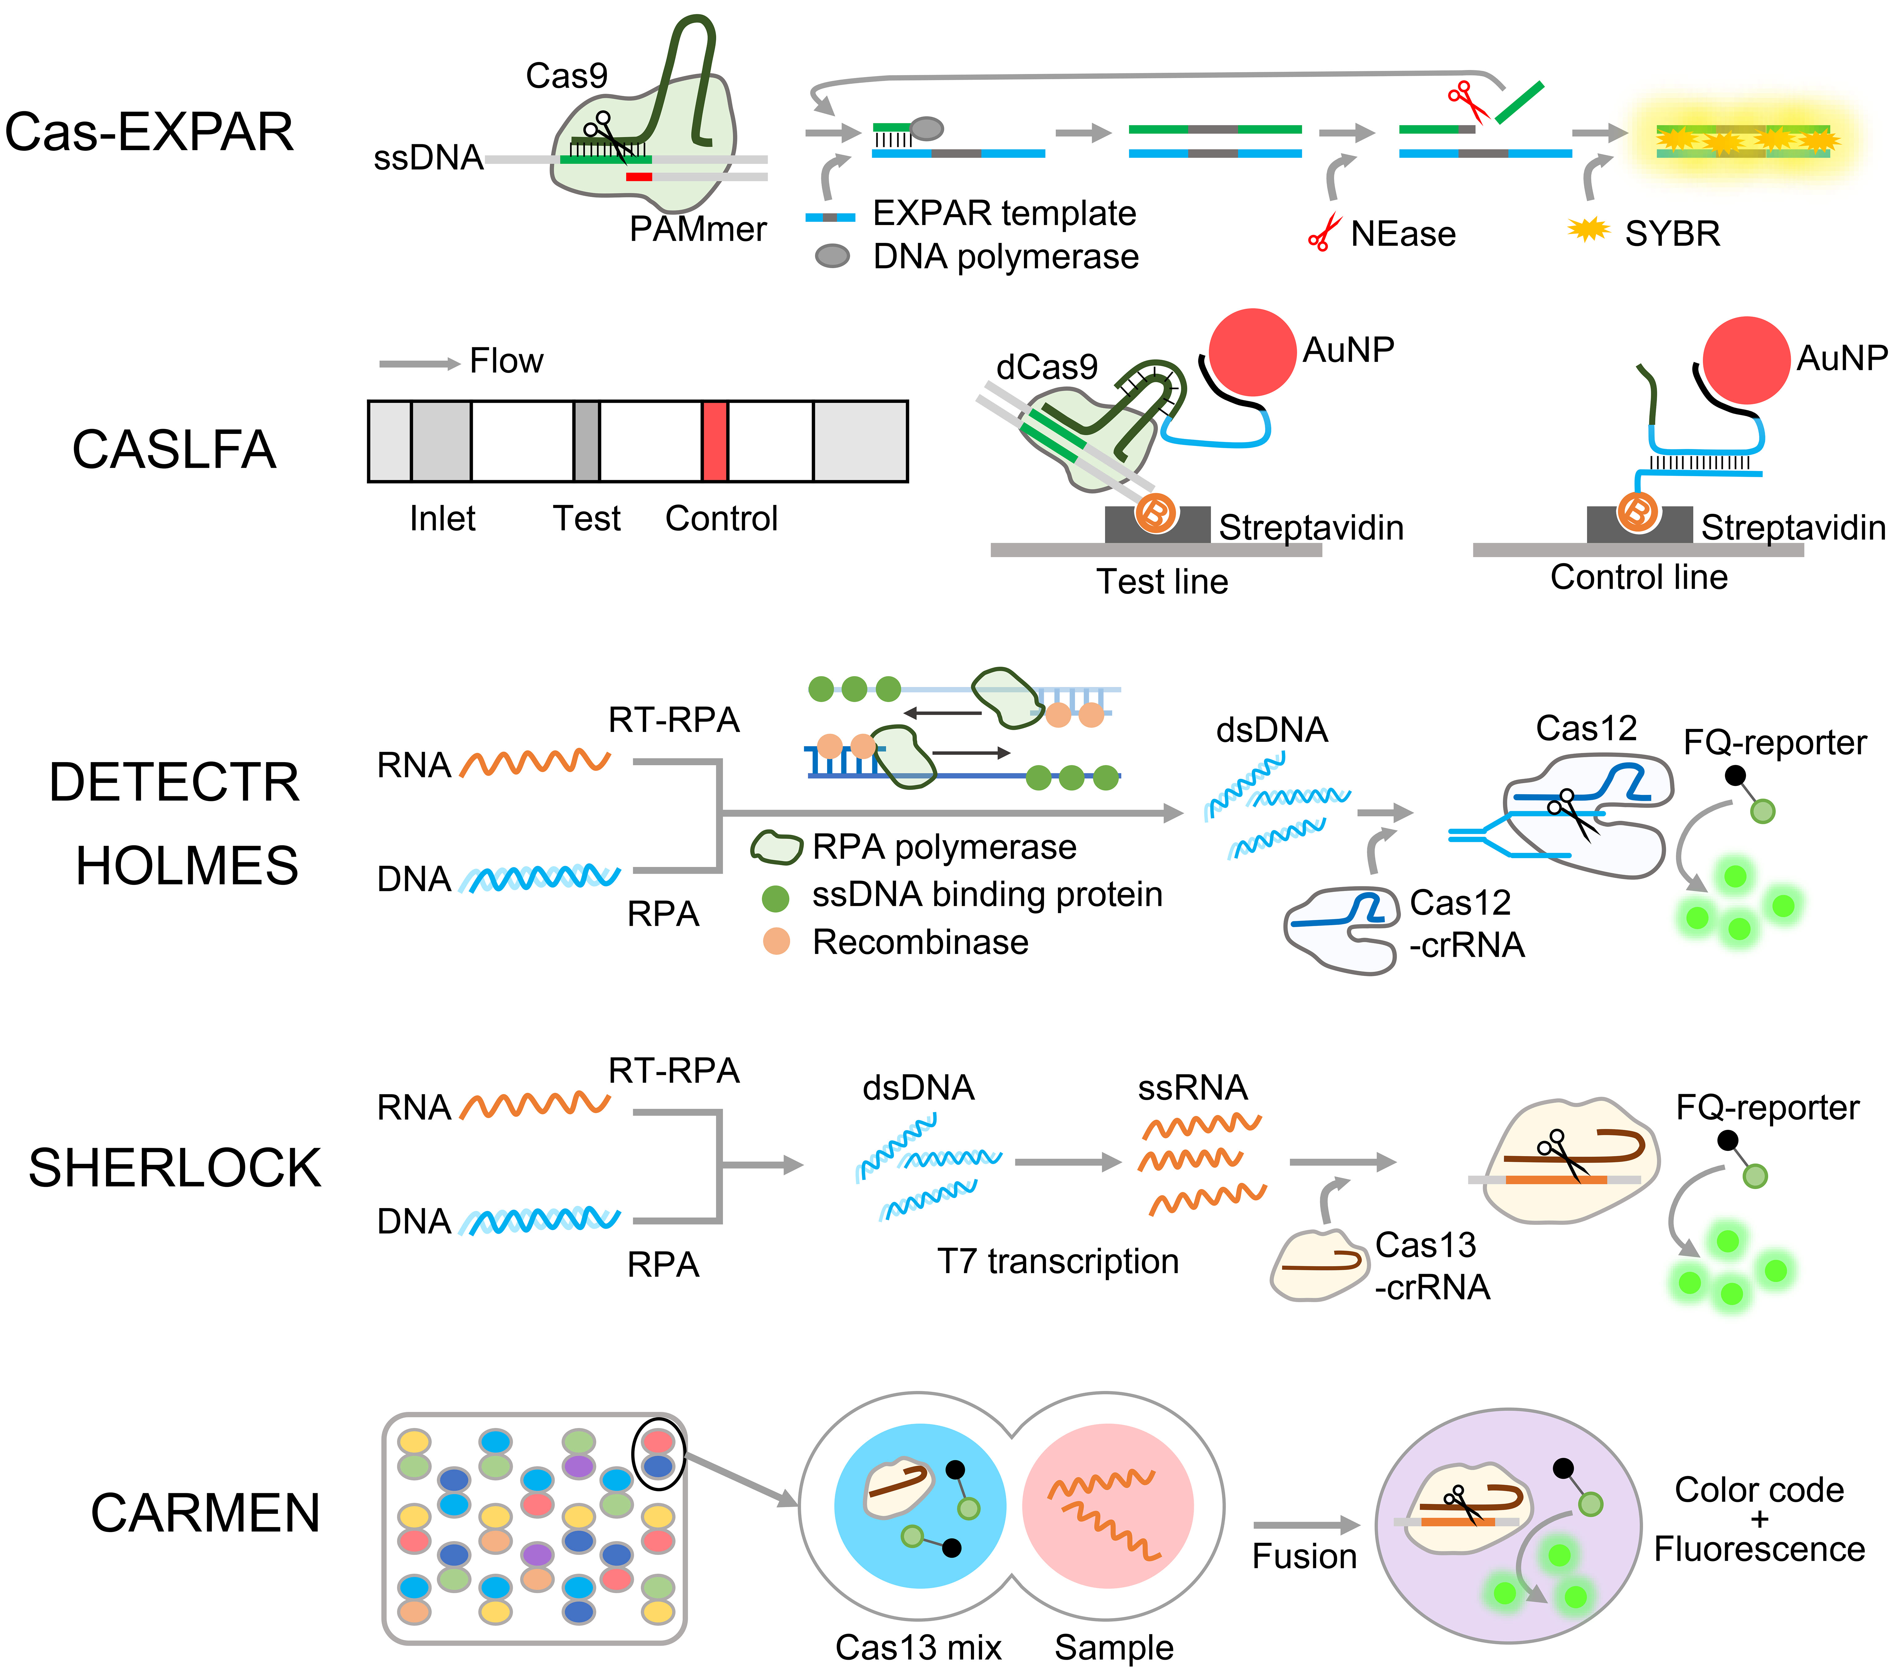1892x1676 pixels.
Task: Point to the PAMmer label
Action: pyautogui.click(x=698, y=229)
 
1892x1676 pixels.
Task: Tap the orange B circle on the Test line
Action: pyautogui.click(x=1155, y=512)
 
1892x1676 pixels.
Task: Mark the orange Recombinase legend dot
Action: pyautogui.click(x=776, y=942)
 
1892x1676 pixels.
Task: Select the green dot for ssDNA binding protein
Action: pyautogui.click(x=776, y=896)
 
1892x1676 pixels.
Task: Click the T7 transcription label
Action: pyautogui.click(x=1057, y=1261)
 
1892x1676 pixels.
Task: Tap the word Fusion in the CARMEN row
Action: pyautogui.click(x=1304, y=1556)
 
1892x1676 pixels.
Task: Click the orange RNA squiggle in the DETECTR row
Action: pyautogui.click(x=535, y=763)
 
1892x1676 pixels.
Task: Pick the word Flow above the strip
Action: pyautogui.click(x=506, y=361)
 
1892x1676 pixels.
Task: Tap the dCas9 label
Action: pyautogui.click(x=1047, y=368)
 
